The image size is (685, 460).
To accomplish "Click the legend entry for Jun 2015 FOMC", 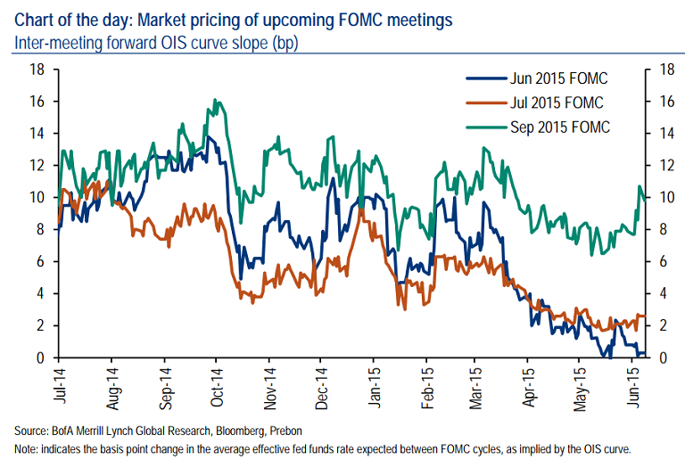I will click(x=557, y=78).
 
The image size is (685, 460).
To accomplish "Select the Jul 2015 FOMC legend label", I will click(x=556, y=103).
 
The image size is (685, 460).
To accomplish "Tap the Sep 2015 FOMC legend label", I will click(x=559, y=127).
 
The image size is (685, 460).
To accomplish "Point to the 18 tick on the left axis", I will click(x=37, y=70).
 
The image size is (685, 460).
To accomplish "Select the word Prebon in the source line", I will click(x=309, y=428).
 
